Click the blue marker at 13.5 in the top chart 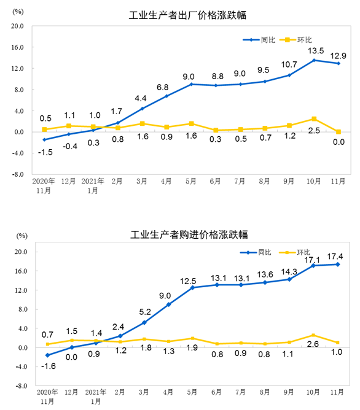314,60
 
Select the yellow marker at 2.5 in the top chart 314,118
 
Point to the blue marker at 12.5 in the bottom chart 192,287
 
